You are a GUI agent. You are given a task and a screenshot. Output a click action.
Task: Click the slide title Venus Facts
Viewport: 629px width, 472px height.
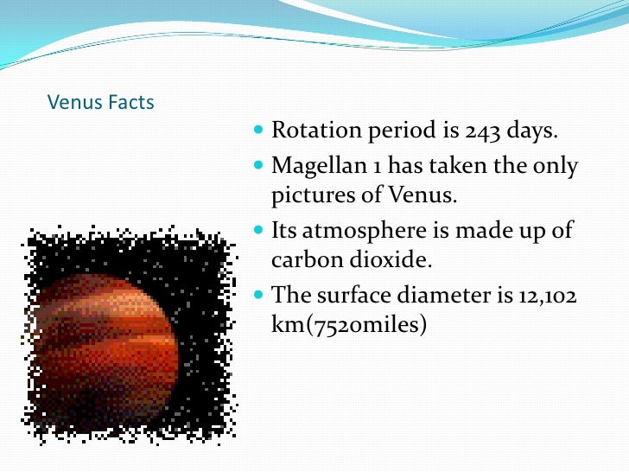(x=100, y=103)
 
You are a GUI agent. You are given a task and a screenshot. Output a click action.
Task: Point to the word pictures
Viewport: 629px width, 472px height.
(x=308, y=195)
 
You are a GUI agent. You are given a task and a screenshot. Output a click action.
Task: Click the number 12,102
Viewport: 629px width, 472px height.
(x=546, y=295)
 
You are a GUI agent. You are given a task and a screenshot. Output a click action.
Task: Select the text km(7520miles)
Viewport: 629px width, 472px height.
(x=349, y=326)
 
